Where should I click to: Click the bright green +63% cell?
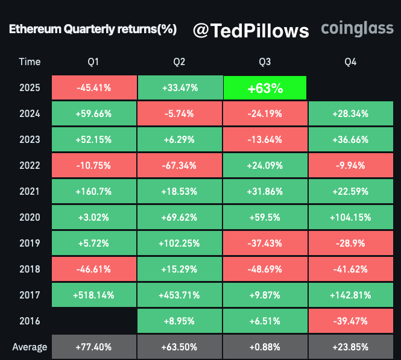[265, 87]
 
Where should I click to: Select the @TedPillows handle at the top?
[251, 31]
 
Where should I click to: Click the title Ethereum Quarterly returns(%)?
[92, 31]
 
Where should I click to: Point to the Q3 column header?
[265, 62]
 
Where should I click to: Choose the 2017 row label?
[30, 295]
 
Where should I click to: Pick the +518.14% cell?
[93, 295]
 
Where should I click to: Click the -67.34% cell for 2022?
[179, 165]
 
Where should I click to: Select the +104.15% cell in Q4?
[350, 217]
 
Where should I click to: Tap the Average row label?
[30, 347]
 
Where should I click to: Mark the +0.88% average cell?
[265, 347]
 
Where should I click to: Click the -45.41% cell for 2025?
[93, 87]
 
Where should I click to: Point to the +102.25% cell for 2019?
[179, 243]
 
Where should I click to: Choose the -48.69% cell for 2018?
[265, 269]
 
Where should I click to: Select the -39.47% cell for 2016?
[350, 321]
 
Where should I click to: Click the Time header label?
[30, 62]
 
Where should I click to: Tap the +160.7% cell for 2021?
[93, 191]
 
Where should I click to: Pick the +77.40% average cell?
[93, 347]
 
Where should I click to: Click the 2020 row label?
[30, 217]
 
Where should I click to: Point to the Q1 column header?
[93, 62]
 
